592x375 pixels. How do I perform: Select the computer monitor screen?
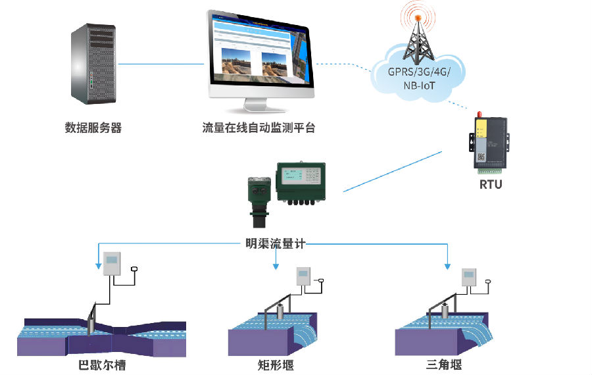(259, 53)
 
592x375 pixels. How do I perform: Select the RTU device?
(488, 140)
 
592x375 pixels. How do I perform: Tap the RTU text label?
(490, 184)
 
